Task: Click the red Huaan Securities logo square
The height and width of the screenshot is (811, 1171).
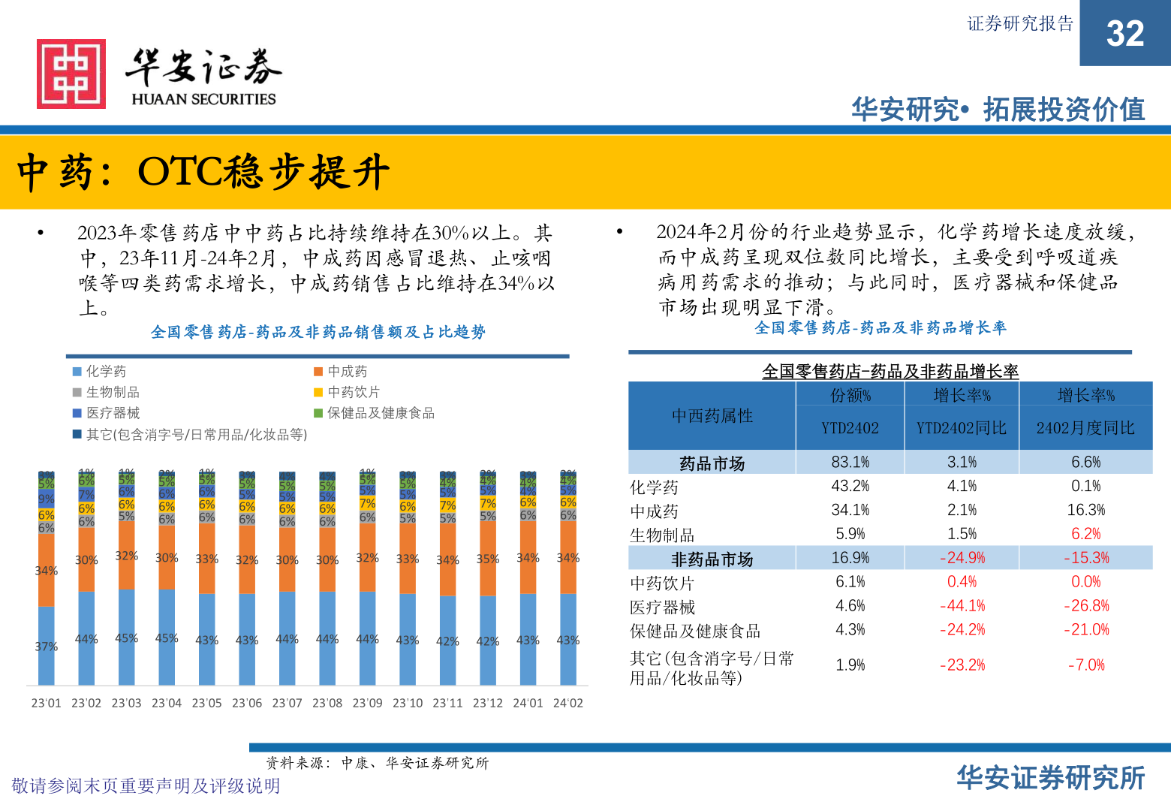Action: click(x=71, y=74)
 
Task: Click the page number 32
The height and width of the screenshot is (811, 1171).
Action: click(x=1124, y=34)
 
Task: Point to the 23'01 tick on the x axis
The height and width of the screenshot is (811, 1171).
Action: click(x=46, y=703)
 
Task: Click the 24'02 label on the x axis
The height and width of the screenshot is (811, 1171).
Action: click(x=567, y=703)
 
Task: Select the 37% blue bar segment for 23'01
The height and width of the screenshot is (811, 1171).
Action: click(x=47, y=646)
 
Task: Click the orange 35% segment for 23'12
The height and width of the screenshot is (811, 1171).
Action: click(x=488, y=559)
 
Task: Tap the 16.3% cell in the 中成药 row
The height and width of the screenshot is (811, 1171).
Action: click(x=1085, y=510)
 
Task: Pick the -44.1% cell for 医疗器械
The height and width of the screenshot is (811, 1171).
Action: click(x=962, y=606)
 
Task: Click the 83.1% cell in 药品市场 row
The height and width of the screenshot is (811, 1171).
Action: click(x=850, y=462)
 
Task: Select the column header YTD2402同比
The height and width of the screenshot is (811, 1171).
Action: click(x=961, y=428)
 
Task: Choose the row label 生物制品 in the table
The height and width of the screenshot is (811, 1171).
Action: click(x=662, y=535)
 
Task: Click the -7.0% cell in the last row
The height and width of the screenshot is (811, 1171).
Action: click(x=1085, y=665)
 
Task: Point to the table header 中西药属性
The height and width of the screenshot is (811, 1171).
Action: click(x=712, y=416)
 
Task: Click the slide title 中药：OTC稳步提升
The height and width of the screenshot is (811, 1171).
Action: click(x=203, y=172)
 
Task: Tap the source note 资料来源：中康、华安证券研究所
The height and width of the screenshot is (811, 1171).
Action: click(x=377, y=763)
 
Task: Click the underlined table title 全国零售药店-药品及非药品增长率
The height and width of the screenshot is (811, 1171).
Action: click(x=890, y=372)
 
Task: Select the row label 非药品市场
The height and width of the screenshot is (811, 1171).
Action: click(x=712, y=559)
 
